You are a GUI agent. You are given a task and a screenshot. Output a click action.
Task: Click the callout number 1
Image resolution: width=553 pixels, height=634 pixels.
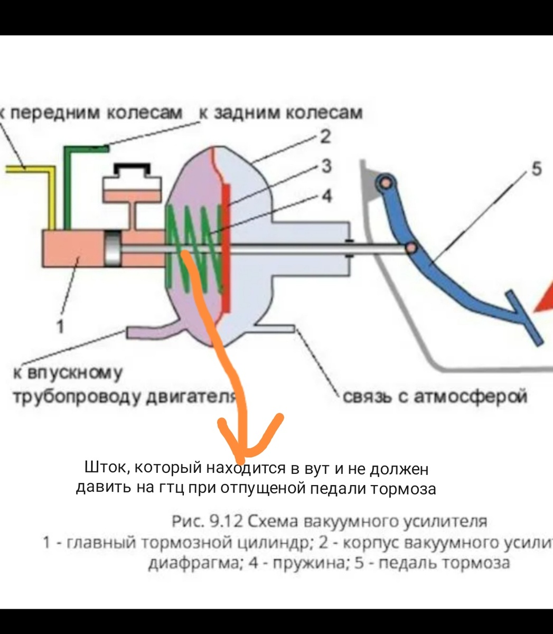pos(60,327)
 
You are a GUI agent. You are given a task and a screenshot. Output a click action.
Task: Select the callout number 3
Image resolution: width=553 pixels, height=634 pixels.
pos(327,166)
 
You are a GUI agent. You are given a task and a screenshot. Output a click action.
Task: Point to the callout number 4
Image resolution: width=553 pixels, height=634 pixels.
pos(327,196)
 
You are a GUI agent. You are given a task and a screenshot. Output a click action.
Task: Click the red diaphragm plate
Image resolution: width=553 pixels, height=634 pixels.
pos(227,248)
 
